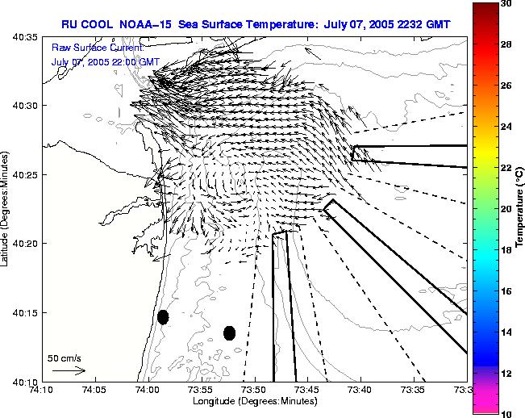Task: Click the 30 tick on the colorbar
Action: (x=506, y=3)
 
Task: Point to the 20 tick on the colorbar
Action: (x=506, y=208)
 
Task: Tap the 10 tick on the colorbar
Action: (x=506, y=413)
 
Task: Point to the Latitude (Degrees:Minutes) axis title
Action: (x=6, y=209)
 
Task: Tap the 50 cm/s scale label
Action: (x=64, y=357)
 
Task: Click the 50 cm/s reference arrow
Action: (x=69, y=370)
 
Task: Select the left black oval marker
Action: (x=163, y=317)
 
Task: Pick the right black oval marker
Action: (x=229, y=332)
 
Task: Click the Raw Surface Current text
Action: (x=97, y=48)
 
